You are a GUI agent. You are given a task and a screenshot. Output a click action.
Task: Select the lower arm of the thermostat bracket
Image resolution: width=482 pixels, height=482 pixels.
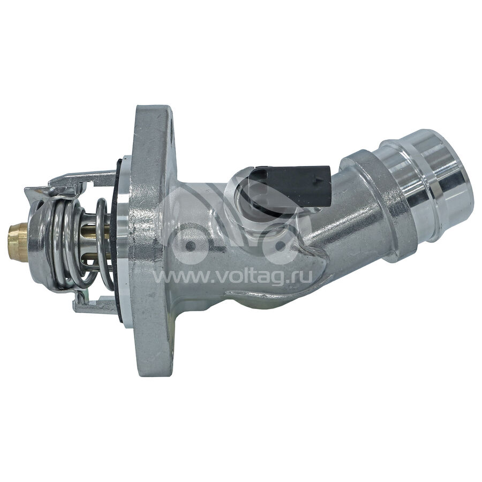point(92,303)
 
